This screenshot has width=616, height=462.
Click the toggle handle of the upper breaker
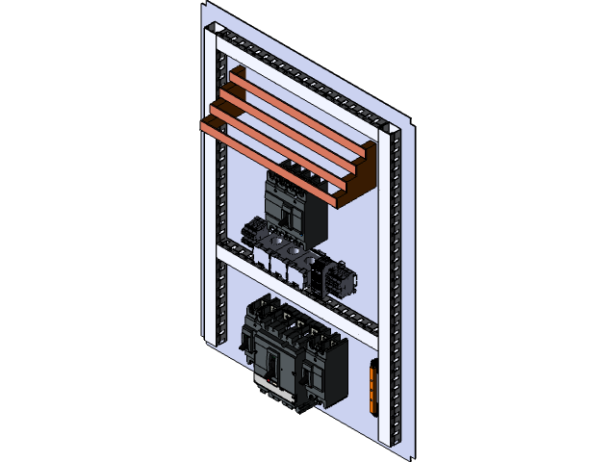[x=287, y=217]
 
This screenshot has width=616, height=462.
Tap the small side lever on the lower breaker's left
[x=249, y=337]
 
